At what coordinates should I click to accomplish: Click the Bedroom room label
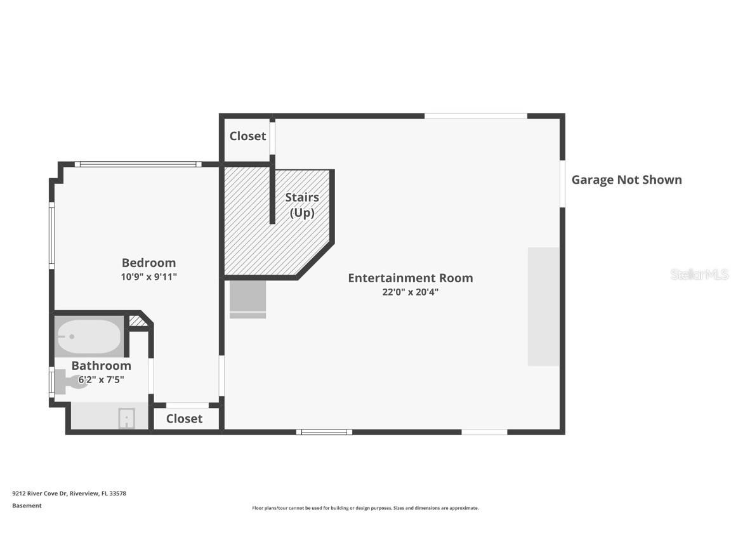148,263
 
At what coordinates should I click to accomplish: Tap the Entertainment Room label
410,278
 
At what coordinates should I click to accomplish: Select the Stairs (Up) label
301,205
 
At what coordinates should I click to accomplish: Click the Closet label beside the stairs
247,136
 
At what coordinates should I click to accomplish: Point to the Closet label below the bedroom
184,419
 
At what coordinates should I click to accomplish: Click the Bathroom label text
101,366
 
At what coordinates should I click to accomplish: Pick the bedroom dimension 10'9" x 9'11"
148,277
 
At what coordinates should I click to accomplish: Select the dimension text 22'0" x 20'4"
410,292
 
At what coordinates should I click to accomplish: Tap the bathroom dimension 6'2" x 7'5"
101,380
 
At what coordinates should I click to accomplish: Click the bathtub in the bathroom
89,336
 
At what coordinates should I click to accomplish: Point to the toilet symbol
69,382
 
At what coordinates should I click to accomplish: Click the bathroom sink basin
126,419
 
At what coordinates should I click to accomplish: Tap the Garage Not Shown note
626,179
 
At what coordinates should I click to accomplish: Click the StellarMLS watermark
699,275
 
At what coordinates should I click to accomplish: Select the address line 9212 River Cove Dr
69,493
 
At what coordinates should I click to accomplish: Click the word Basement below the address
27,506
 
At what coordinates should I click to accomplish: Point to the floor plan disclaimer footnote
365,508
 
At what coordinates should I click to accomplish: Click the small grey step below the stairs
247,299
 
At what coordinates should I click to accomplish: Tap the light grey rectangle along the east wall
544,306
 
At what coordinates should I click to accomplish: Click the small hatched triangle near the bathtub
138,322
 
